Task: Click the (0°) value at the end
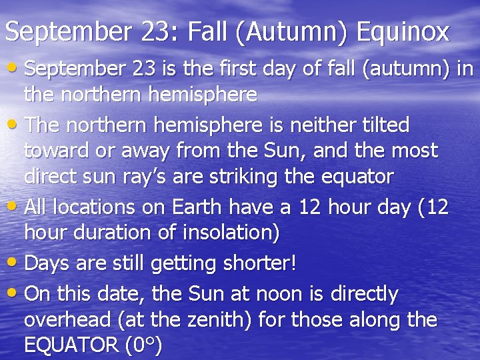tap(143, 346)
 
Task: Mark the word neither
tap(322, 125)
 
